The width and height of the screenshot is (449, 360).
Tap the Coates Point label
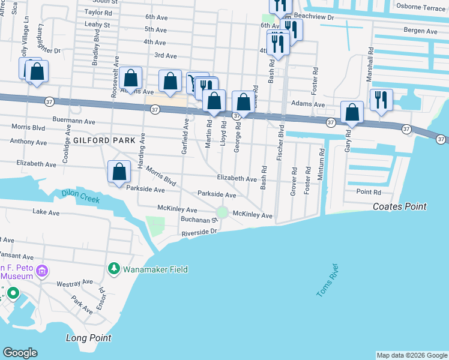point(399,206)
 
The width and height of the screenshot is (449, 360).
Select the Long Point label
point(88,338)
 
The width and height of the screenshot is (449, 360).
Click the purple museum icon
point(42,271)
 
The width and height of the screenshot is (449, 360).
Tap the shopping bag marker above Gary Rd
point(352,112)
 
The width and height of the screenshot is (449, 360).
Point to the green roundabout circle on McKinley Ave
point(222,212)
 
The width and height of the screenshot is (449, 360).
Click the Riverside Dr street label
point(199,232)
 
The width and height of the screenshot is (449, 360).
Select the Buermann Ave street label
point(74,121)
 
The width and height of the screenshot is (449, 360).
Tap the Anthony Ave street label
point(32,143)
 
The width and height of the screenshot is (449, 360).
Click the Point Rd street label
point(369,192)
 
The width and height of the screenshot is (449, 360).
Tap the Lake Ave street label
point(47,212)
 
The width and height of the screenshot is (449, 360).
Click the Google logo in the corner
point(20,353)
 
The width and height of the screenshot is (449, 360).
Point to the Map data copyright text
point(411,355)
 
